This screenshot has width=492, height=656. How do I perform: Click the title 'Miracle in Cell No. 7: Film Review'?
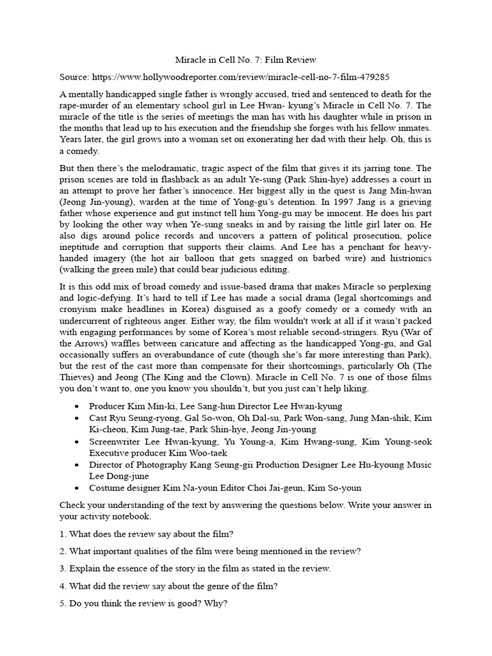[246, 60]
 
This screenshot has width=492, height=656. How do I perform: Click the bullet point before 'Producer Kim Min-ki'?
[78, 406]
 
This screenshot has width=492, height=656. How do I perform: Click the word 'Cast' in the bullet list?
[99, 418]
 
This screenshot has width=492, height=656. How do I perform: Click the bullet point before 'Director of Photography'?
[78, 465]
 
